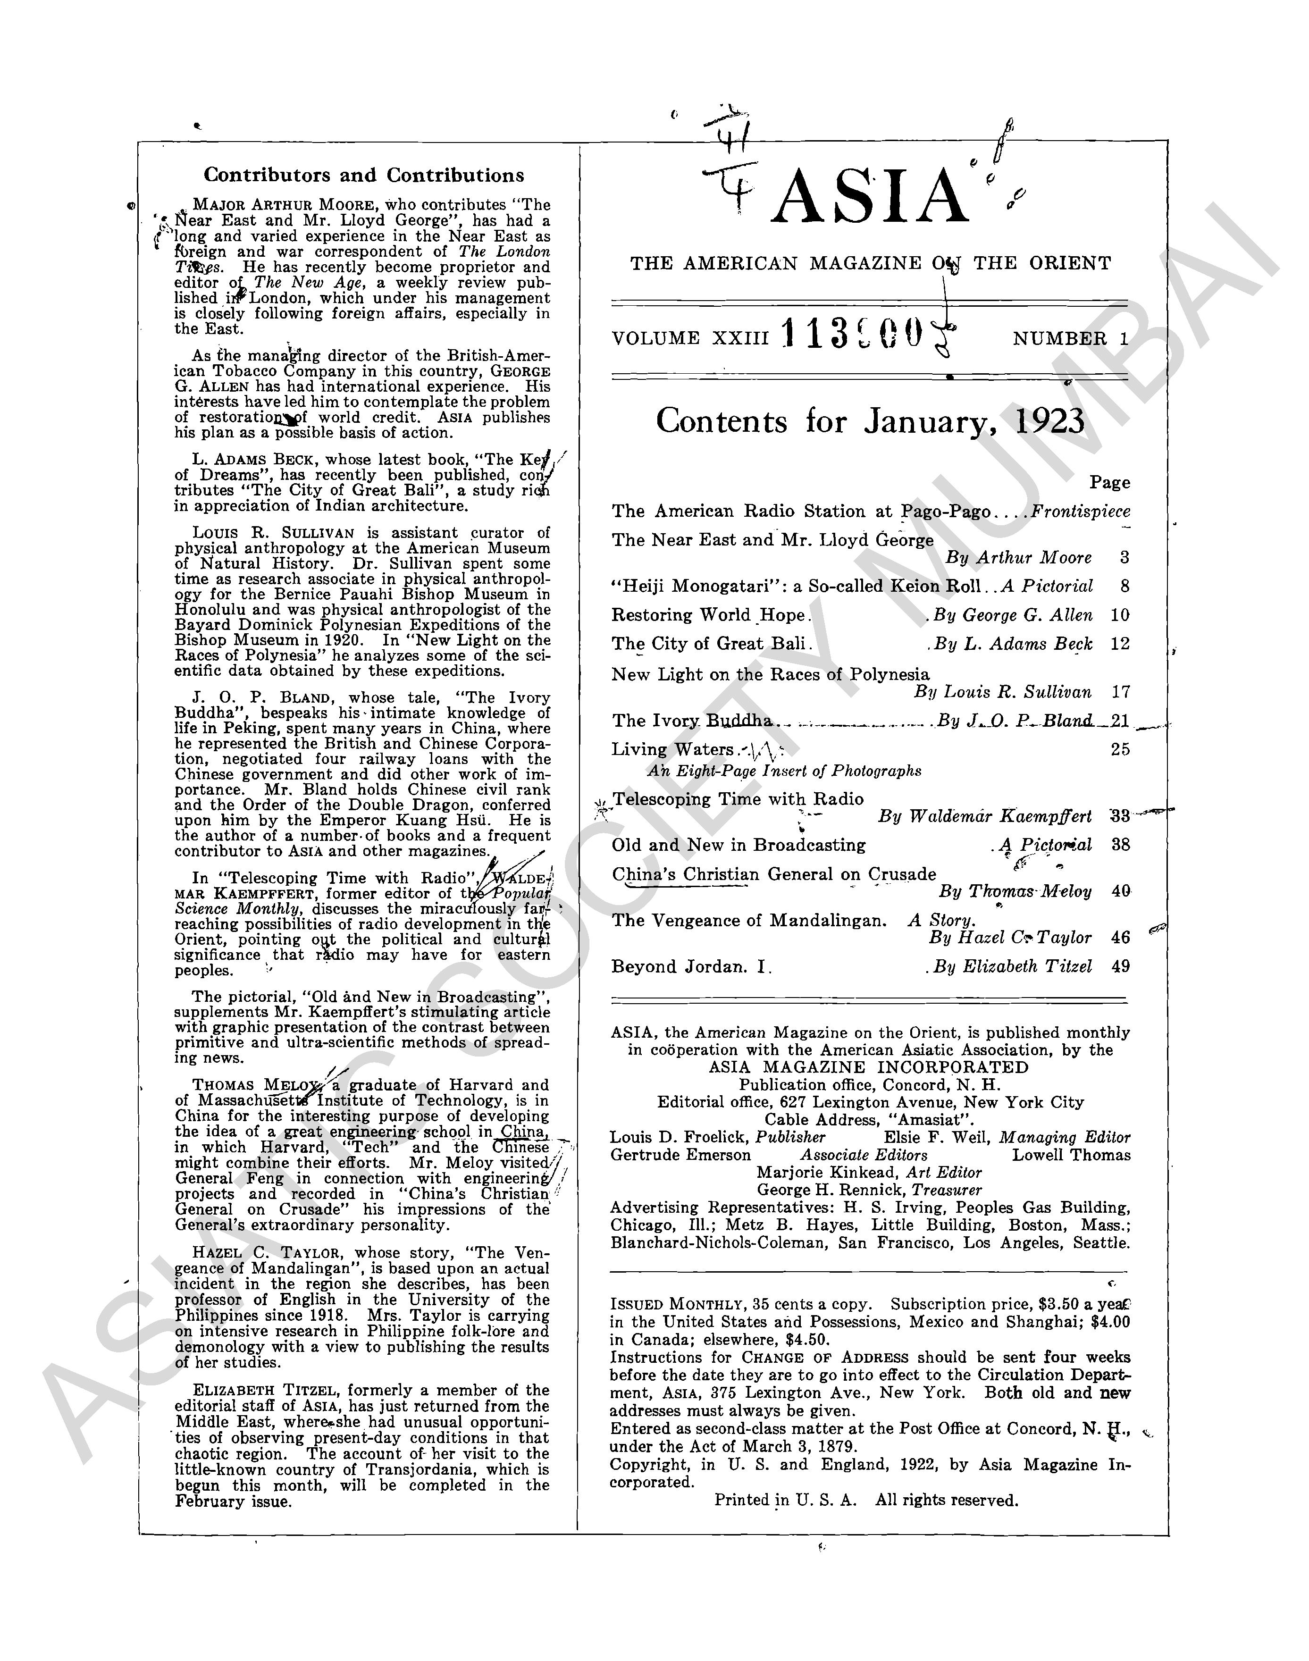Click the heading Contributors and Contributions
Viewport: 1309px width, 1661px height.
[x=364, y=176]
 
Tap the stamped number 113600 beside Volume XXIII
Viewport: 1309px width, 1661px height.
[x=851, y=335]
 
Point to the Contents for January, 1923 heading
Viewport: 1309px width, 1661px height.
[x=870, y=421]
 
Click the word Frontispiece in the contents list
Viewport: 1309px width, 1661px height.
[x=1080, y=511]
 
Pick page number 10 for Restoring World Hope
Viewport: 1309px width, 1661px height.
[x=1120, y=615]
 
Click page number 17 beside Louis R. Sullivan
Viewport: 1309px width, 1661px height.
[x=1120, y=692]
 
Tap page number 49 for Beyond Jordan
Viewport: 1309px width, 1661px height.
[x=1120, y=966]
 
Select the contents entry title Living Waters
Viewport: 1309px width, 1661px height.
[x=672, y=750]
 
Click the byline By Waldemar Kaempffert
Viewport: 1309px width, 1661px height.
[x=985, y=816]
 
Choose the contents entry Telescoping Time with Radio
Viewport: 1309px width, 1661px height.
[x=738, y=799]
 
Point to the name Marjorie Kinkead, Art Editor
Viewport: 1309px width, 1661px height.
[x=868, y=1173]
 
